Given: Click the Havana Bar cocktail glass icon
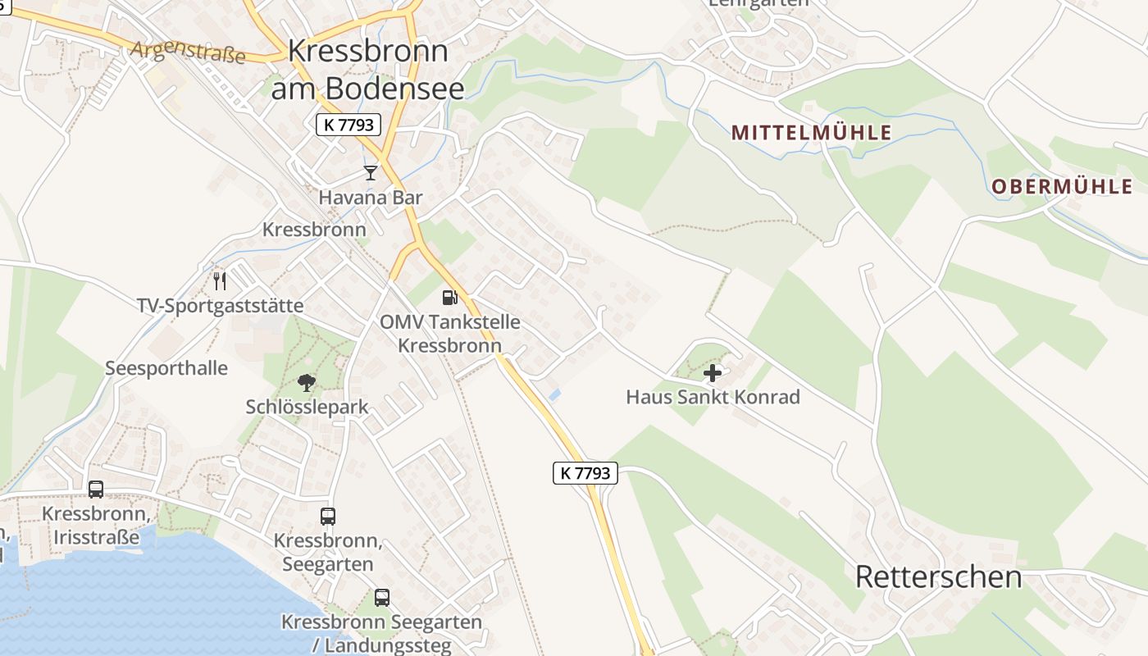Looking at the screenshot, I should tap(371, 172).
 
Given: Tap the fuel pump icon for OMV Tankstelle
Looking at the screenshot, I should tap(449, 297).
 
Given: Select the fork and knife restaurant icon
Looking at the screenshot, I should tap(220, 281).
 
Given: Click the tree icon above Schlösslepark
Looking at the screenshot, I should tap(307, 382).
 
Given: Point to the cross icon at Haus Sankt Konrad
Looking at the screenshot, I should tap(713, 373).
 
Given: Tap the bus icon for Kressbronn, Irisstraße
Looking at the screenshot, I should tap(96, 490).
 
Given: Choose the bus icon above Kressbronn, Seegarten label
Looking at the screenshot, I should tap(328, 517).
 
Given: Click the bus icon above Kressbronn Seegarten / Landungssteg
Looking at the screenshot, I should tap(382, 598).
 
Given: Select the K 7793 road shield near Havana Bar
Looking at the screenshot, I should tap(348, 125).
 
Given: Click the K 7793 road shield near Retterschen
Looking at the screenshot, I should tap(585, 472).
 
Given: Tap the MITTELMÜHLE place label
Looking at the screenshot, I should tap(811, 133).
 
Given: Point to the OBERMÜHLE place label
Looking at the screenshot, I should tap(1061, 187).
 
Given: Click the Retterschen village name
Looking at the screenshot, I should tap(938, 577).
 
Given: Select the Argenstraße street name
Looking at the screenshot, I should tap(189, 52).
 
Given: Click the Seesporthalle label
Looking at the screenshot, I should tap(166, 367).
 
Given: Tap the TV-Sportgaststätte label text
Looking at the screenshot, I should tap(220, 306).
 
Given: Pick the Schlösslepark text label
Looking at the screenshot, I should tap(307, 407).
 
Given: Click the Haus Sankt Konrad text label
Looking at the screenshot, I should tap(713, 397).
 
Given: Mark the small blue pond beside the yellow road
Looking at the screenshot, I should tap(555, 395).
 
